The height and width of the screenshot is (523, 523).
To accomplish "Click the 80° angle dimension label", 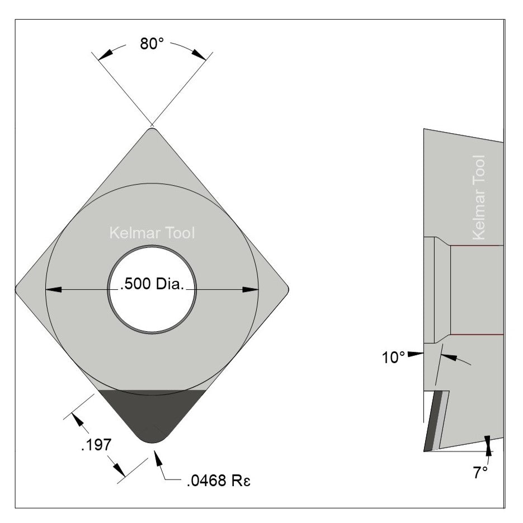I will [151, 45].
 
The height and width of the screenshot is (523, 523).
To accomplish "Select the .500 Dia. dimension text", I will [152, 285].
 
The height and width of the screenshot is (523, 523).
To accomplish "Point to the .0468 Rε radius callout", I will [215, 480].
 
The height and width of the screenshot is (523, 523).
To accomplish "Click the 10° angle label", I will [393, 358].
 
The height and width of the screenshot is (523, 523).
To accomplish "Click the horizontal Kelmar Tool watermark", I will [152, 233].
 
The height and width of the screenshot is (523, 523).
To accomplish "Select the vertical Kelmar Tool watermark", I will [478, 197].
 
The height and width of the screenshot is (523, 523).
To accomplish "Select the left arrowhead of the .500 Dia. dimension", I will [54, 290].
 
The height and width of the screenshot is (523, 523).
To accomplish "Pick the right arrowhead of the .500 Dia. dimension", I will [251, 290].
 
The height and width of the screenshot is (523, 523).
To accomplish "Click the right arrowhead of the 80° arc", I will [199, 54].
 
